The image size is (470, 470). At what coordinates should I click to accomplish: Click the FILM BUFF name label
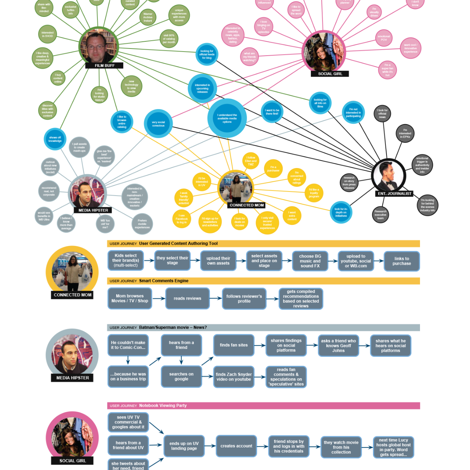click(105, 65)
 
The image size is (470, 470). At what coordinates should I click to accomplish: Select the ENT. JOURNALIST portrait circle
click(389, 176)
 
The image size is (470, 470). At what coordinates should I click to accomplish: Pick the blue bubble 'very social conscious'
click(158, 124)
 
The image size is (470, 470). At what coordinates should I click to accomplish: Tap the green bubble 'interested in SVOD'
click(47, 35)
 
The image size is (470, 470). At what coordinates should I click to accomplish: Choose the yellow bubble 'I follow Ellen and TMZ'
click(251, 161)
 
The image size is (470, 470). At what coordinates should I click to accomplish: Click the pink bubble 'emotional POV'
click(384, 38)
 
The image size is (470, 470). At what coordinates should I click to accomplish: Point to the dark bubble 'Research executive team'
click(381, 215)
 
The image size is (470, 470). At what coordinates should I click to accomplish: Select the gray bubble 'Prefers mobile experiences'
click(142, 224)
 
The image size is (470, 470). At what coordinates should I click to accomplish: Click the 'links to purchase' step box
click(402, 261)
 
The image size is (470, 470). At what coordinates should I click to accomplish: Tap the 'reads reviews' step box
click(187, 299)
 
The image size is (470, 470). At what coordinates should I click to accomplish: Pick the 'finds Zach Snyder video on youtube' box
click(233, 377)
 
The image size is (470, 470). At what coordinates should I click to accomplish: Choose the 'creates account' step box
click(236, 446)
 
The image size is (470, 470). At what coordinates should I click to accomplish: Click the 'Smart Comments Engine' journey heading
click(164, 281)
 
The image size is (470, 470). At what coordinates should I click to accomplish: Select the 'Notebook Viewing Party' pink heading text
click(163, 406)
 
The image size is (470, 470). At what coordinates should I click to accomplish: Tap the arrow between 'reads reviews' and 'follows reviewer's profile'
click(215, 299)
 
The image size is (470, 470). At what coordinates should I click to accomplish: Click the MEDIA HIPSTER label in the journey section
click(73, 378)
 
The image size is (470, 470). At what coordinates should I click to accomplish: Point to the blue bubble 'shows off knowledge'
click(55, 139)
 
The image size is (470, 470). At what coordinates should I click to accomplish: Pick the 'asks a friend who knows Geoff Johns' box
click(338, 346)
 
